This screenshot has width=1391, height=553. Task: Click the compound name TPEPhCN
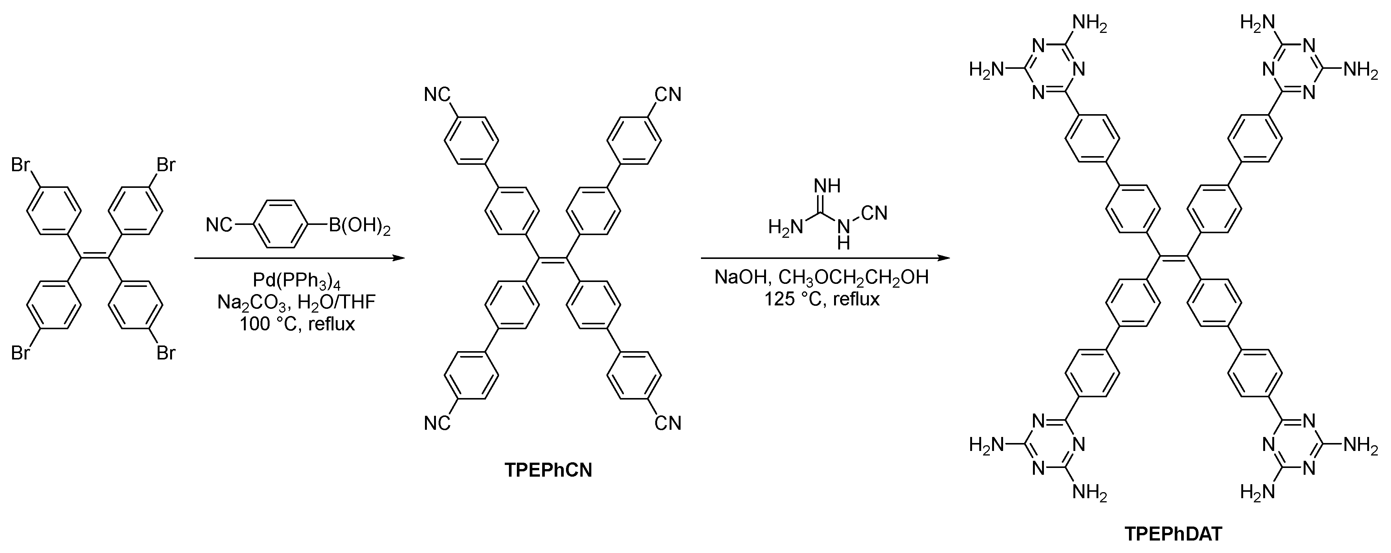click(x=548, y=470)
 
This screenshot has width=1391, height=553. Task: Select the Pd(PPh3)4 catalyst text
click(x=297, y=280)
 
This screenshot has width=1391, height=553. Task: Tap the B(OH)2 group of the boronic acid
click(x=360, y=225)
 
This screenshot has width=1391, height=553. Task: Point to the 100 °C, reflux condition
click(x=298, y=324)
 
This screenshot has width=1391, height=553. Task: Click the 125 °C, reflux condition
click(x=821, y=299)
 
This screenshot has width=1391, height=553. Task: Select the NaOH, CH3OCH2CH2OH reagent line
click(x=821, y=277)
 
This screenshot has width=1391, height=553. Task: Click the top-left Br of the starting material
click(x=20, y=165)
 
